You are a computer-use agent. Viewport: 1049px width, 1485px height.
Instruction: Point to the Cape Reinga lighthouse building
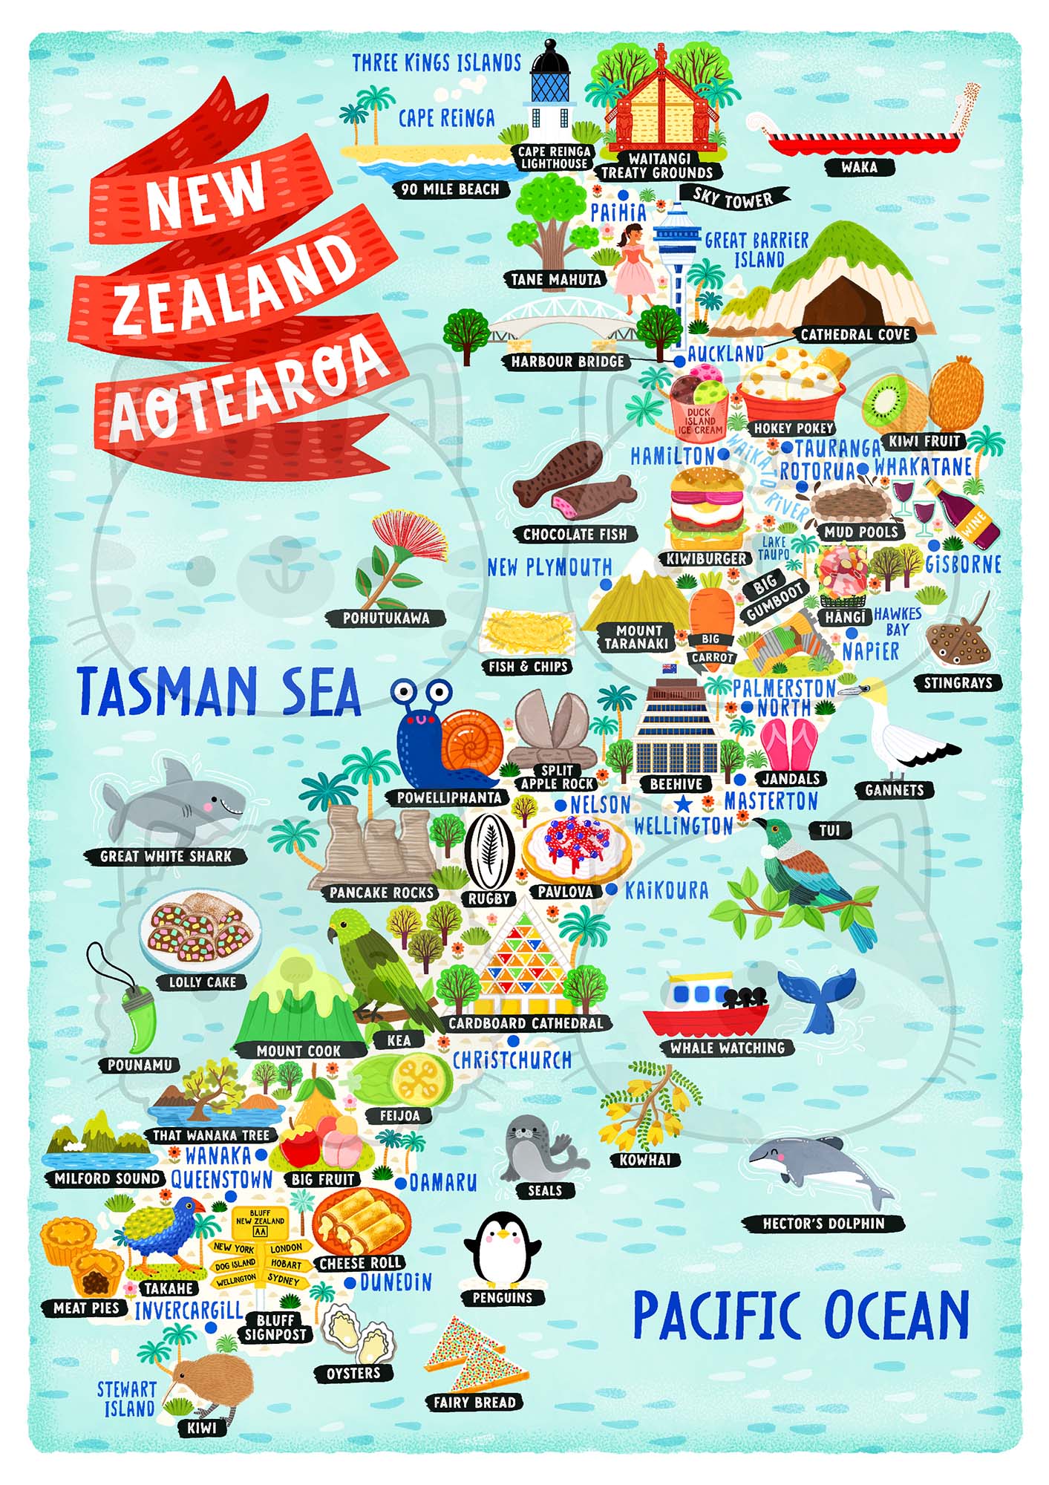click(551, 93)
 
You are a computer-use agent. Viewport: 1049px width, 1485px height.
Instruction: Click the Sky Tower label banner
click(733, 198)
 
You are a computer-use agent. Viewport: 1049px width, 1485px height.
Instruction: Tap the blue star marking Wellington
click(683, 804)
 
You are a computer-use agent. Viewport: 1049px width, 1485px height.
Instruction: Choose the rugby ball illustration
click(489, 852)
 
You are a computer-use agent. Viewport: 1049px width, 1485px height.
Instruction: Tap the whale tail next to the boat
click(817, 999)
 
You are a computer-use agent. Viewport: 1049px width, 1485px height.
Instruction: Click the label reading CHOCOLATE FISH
click(575, 535)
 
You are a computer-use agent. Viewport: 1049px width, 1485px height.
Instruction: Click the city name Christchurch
click(512, 1060)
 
